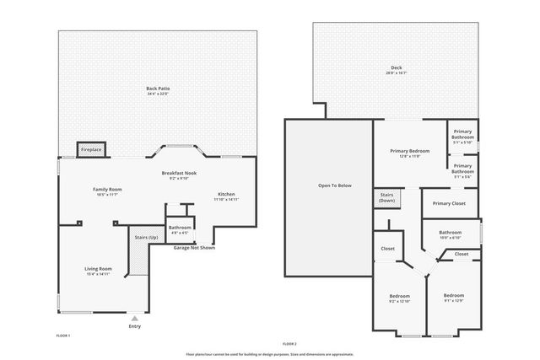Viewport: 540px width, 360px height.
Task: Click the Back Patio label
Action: pyautogui.click(x=157, y=90)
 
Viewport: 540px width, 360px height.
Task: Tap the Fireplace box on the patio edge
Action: pyautogui.click(x=91, y=150)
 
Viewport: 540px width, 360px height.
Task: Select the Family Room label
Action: pyautogui.click(x=107, y=191)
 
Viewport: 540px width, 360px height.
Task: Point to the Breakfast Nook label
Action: pyautogui.click(x=178, y=175)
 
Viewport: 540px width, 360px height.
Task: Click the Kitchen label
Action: pyautogui.click(x=226, y=196)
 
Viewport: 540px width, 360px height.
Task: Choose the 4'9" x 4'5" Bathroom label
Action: pyautogui.click(x=180, y=229)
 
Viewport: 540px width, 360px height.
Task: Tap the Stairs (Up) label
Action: pyautogui.click(x=146, y=238)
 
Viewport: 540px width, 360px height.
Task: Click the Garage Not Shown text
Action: pyautogui.click(x=194, y=248)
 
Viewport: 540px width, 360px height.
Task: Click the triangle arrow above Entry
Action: pyautogui.click(x=134, y=318)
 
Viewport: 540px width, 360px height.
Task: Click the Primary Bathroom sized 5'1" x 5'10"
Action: pyautogui.click(x=462, y=135)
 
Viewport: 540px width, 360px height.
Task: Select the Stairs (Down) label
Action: pyautogui.click(x=387, y=198)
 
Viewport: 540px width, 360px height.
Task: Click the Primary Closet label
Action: pyautogui.click(x=449, y=203)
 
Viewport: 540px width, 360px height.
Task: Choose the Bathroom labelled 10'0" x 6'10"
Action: pyautogui.click(x=450, y=234)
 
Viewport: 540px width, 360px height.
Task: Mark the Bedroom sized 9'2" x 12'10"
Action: pyautogui.click(x=399, y=298)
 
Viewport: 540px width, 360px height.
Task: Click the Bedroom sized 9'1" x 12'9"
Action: pyautogui.click(x=453, y=298)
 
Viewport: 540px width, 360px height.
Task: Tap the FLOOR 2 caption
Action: pyautogui.click(x=290, y=344)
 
